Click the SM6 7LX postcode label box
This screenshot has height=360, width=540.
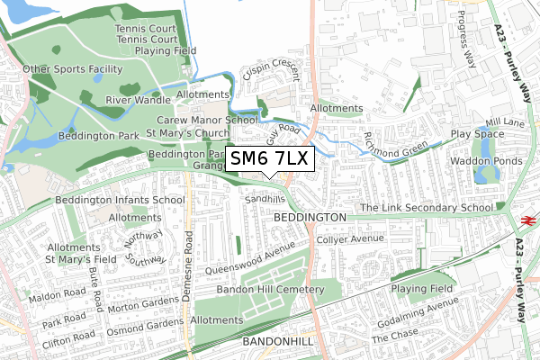[269, 159]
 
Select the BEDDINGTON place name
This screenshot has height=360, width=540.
[309, 218]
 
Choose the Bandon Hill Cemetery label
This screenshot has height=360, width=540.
[270, 289]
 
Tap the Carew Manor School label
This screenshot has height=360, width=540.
[207, 120]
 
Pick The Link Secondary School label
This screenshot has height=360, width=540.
[426, 208]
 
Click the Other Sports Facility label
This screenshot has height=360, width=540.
[72, 68]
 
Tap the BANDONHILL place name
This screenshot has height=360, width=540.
[278, 343]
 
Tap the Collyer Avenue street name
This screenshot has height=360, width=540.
[350, 238]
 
